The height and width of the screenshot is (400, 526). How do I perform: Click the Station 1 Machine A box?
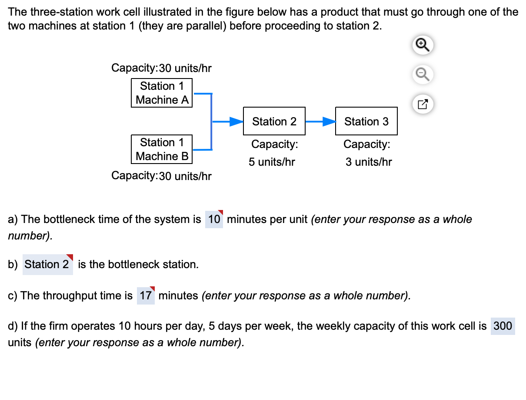point(162,93)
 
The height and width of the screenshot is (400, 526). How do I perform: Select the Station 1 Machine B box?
point(162,149)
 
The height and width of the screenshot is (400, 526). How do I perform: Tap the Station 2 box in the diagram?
point(274,121)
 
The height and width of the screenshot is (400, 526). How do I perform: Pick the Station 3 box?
point(366,121)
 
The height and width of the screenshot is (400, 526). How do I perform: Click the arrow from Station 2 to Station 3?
point(320,122)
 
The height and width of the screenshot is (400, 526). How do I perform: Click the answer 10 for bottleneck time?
point(214,219)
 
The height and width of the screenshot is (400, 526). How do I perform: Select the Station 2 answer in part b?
point(47,264)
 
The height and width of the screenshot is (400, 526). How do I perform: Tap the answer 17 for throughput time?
point(146,296)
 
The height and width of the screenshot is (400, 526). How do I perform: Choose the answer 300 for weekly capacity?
point(503,326)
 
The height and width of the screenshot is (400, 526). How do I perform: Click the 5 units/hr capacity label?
point(272,162)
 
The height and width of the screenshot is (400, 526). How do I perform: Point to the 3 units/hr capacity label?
point(369,162)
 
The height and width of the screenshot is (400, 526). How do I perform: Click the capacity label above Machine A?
point(161,68)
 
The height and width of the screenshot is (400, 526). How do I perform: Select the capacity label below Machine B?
point(161,176)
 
